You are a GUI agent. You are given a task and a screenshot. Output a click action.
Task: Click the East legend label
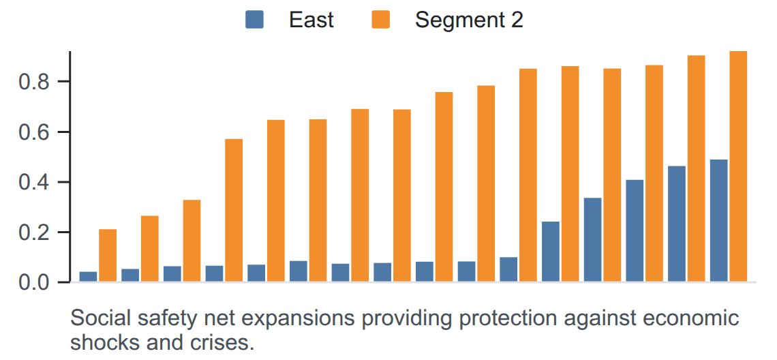[x=311, y=20]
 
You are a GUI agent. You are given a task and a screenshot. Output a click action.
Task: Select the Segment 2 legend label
[x=469, y=20]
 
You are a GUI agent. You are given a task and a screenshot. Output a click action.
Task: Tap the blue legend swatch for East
[x=255, y=20]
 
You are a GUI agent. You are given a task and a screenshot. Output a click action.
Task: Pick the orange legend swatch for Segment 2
[x=380, y=20]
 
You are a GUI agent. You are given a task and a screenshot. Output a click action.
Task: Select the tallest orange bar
[x=738, y=166]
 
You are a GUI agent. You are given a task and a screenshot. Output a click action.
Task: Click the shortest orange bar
[x=108, y=256]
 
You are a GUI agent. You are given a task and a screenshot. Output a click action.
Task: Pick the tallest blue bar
[x=719, y=221]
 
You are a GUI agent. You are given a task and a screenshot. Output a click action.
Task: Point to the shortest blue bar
[x=88, y=277]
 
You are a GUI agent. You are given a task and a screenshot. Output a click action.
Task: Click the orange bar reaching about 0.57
[x=234, y=211]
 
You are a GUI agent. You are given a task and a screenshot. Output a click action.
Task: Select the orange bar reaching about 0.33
[x=192, y=241]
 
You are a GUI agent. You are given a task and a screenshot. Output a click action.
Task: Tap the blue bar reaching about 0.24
[x=551, y=252]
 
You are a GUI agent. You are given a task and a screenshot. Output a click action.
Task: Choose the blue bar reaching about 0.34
[x=593, y=240]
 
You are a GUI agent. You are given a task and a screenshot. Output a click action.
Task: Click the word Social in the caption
[x=95, y=318]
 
